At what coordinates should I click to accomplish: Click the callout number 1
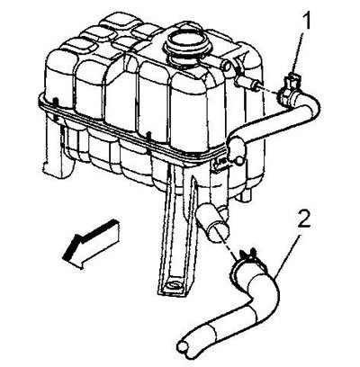306,21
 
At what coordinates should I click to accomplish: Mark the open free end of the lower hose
184,348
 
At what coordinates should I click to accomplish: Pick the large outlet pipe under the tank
212,220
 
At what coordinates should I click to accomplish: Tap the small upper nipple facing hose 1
249,83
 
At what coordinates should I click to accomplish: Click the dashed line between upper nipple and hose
268,91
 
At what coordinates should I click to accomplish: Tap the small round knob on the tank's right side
239,161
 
